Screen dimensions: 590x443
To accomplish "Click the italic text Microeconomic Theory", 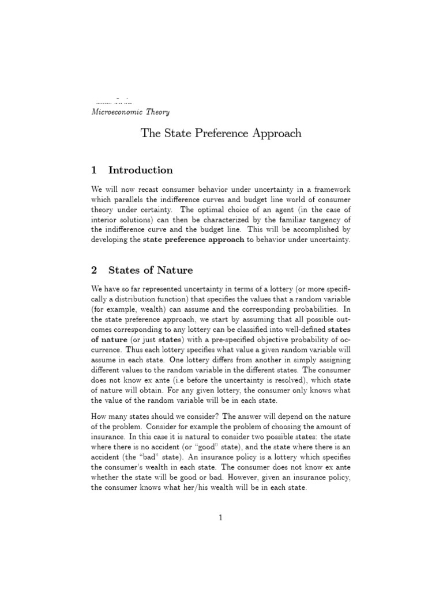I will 130,112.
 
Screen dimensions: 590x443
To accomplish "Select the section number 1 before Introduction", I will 95,170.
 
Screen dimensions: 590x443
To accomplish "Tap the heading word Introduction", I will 140,170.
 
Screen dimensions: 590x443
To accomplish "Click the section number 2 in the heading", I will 95,270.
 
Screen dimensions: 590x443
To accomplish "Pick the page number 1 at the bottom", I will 220,518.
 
